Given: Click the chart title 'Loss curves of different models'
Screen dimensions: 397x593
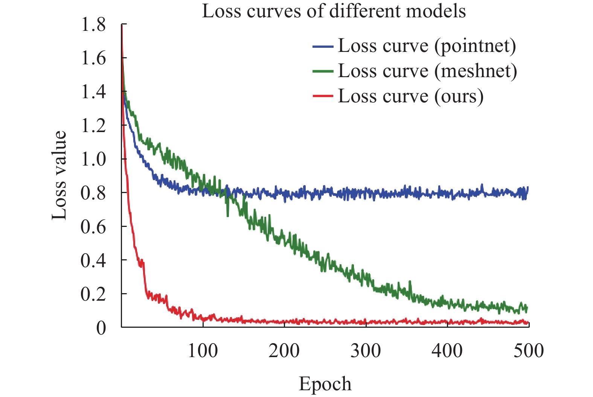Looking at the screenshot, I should point(334,11).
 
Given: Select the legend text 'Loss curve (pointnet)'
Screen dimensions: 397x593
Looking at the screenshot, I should point(427,46).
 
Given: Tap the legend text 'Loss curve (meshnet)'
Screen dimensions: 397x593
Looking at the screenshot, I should point(428,71).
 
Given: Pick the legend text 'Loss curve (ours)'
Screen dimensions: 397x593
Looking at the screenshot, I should point(411,96).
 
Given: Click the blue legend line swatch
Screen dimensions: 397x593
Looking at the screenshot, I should point(323,47).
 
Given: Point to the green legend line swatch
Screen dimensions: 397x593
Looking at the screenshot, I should point(323,71).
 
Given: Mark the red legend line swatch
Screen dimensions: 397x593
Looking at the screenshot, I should point(323,96).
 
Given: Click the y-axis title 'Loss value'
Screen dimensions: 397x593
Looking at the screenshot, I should point(59,175).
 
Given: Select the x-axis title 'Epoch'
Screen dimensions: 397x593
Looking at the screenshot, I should point(325,384).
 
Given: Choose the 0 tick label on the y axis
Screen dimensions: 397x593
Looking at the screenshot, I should point(101,328).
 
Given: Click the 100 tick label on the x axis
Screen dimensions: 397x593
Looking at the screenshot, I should point(203,351).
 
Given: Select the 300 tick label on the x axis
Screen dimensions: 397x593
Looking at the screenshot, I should point(366,351).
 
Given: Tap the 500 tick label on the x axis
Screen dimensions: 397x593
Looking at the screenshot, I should point(529,351).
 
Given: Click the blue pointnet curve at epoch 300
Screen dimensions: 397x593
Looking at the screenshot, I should point(366,193).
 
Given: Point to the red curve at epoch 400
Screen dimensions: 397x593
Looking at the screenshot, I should point(447,322).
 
